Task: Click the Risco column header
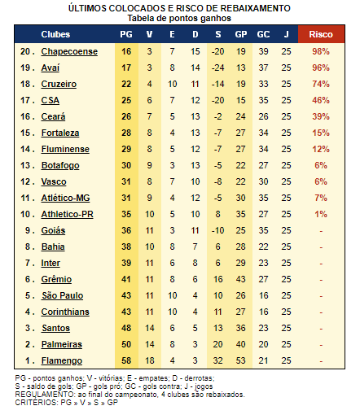click(321, 34)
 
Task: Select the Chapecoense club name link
click(69, 51)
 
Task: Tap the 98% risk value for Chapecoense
click(321, 51)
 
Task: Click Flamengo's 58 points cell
click(126, 360)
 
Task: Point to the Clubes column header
click(55, 34)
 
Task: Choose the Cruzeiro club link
click(59, 84)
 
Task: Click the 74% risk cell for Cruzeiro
click(321, 84)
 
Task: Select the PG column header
click(126, 34)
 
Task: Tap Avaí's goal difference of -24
click(217, 68)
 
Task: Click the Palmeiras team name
click(62, 344)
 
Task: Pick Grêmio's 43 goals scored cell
click(240, 279)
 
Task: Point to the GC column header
click(263, 34)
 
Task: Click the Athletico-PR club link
click(68, 214)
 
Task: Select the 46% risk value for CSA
click(321, 100)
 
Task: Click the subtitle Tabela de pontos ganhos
click(179, 18)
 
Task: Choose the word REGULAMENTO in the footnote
click(46, 395)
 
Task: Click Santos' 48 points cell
click(126, 328)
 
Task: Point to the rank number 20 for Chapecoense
click(25, 51)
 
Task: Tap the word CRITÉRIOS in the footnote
click(37, 402)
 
